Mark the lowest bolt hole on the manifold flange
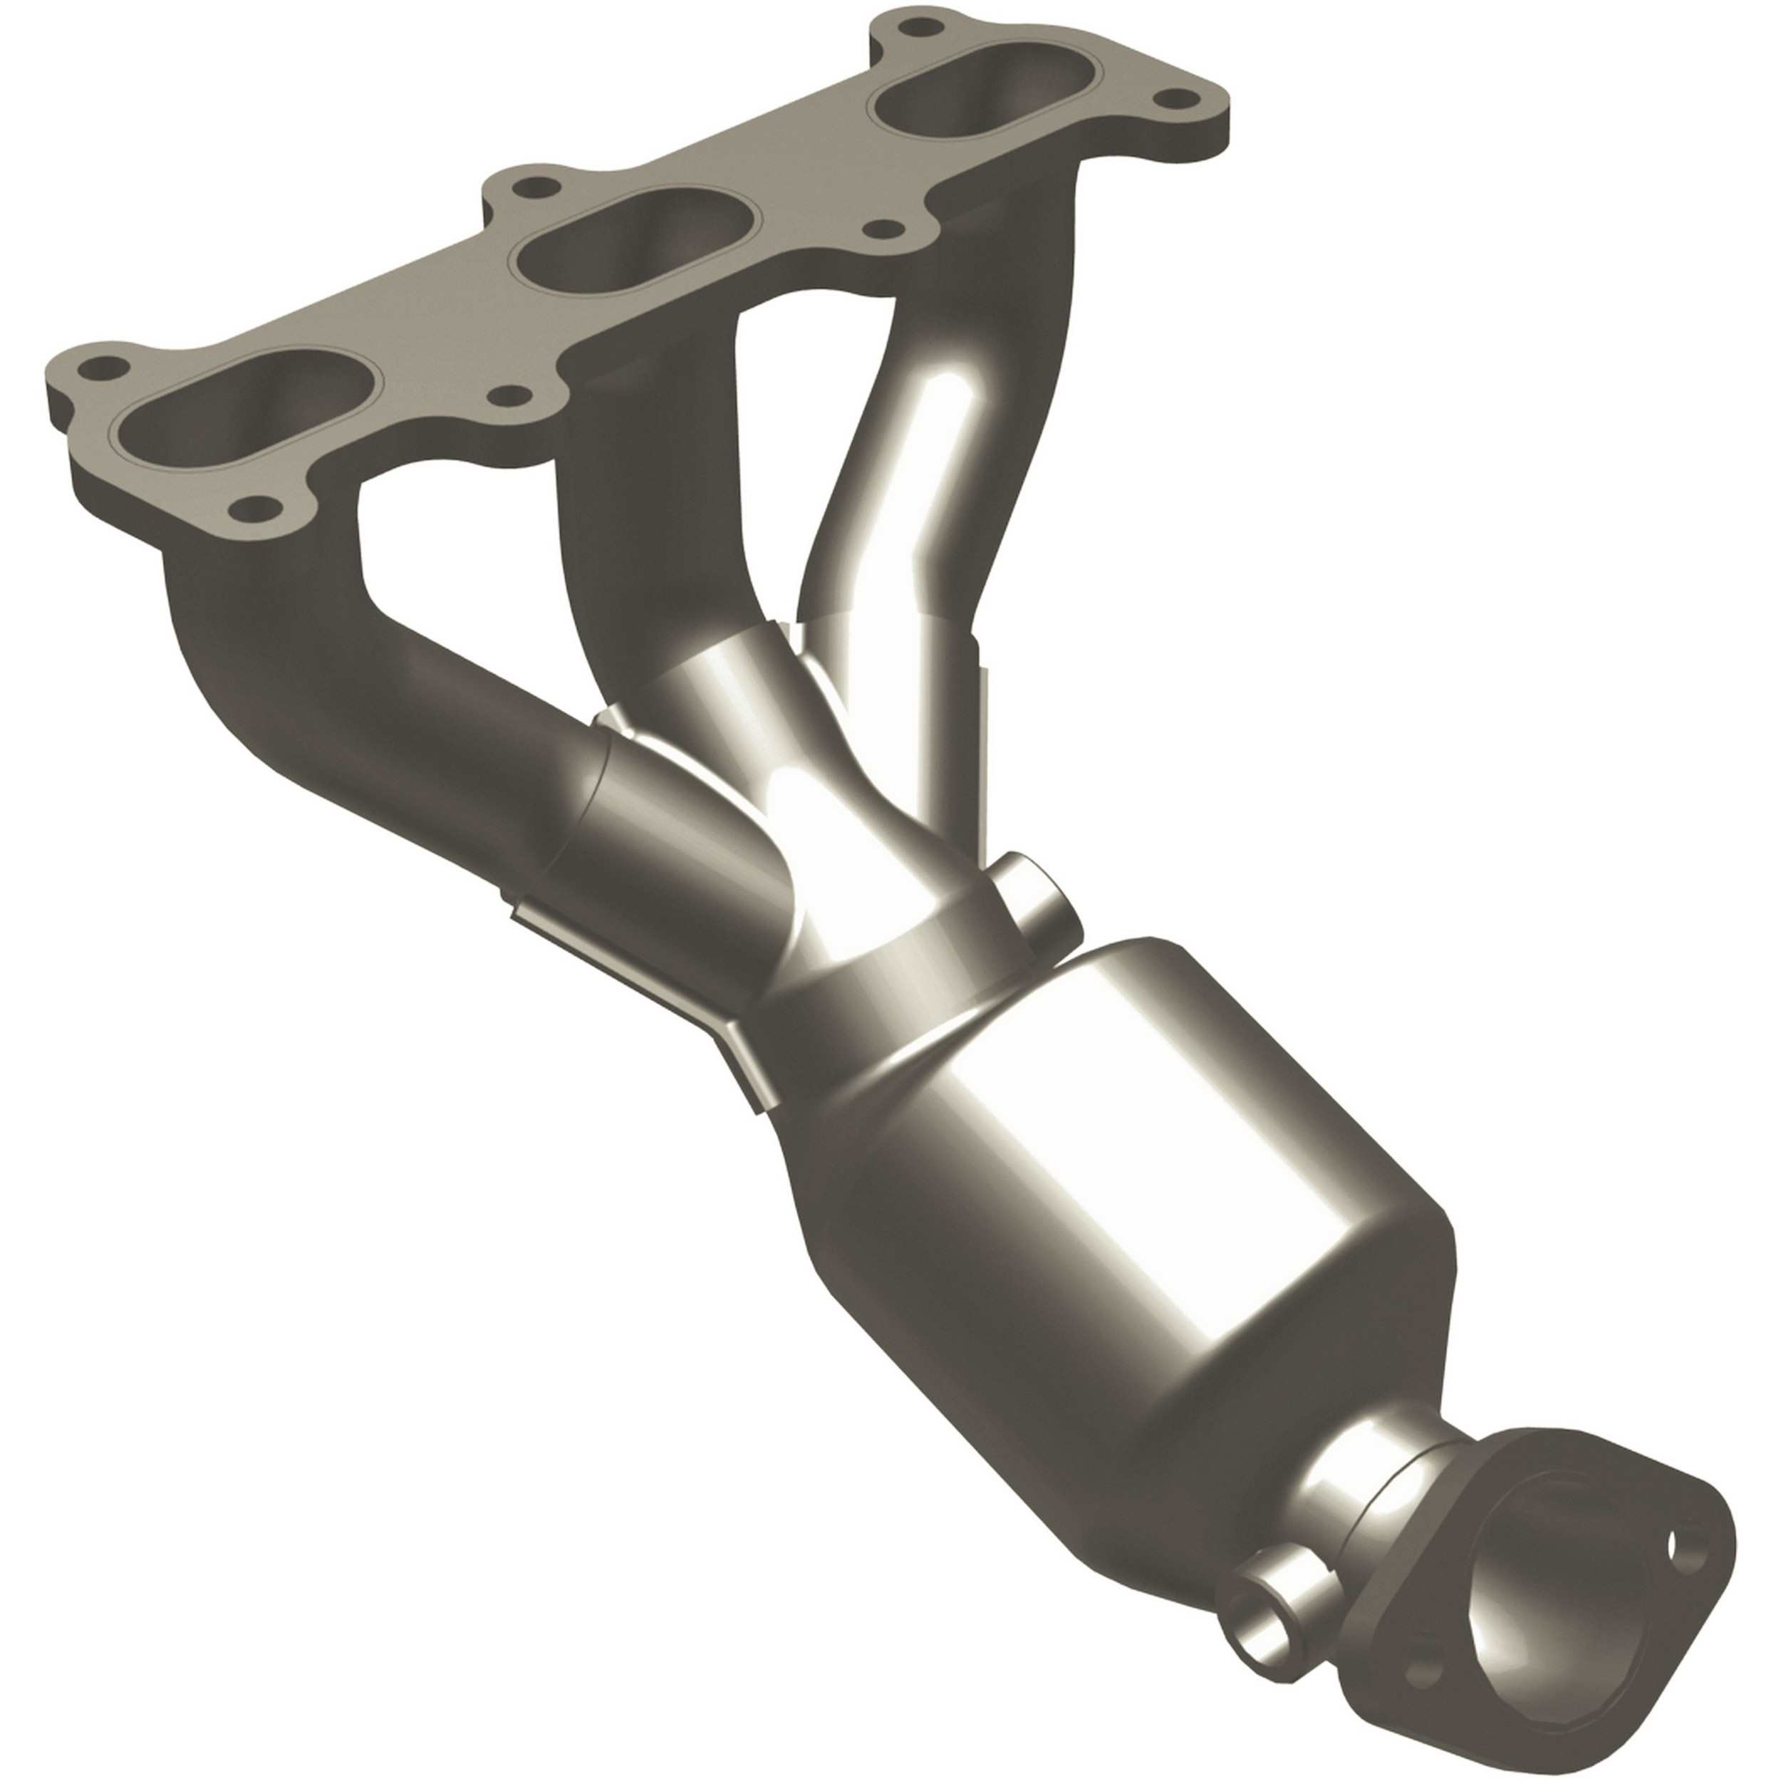(257, 508)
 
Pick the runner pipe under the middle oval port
(636, 516)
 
